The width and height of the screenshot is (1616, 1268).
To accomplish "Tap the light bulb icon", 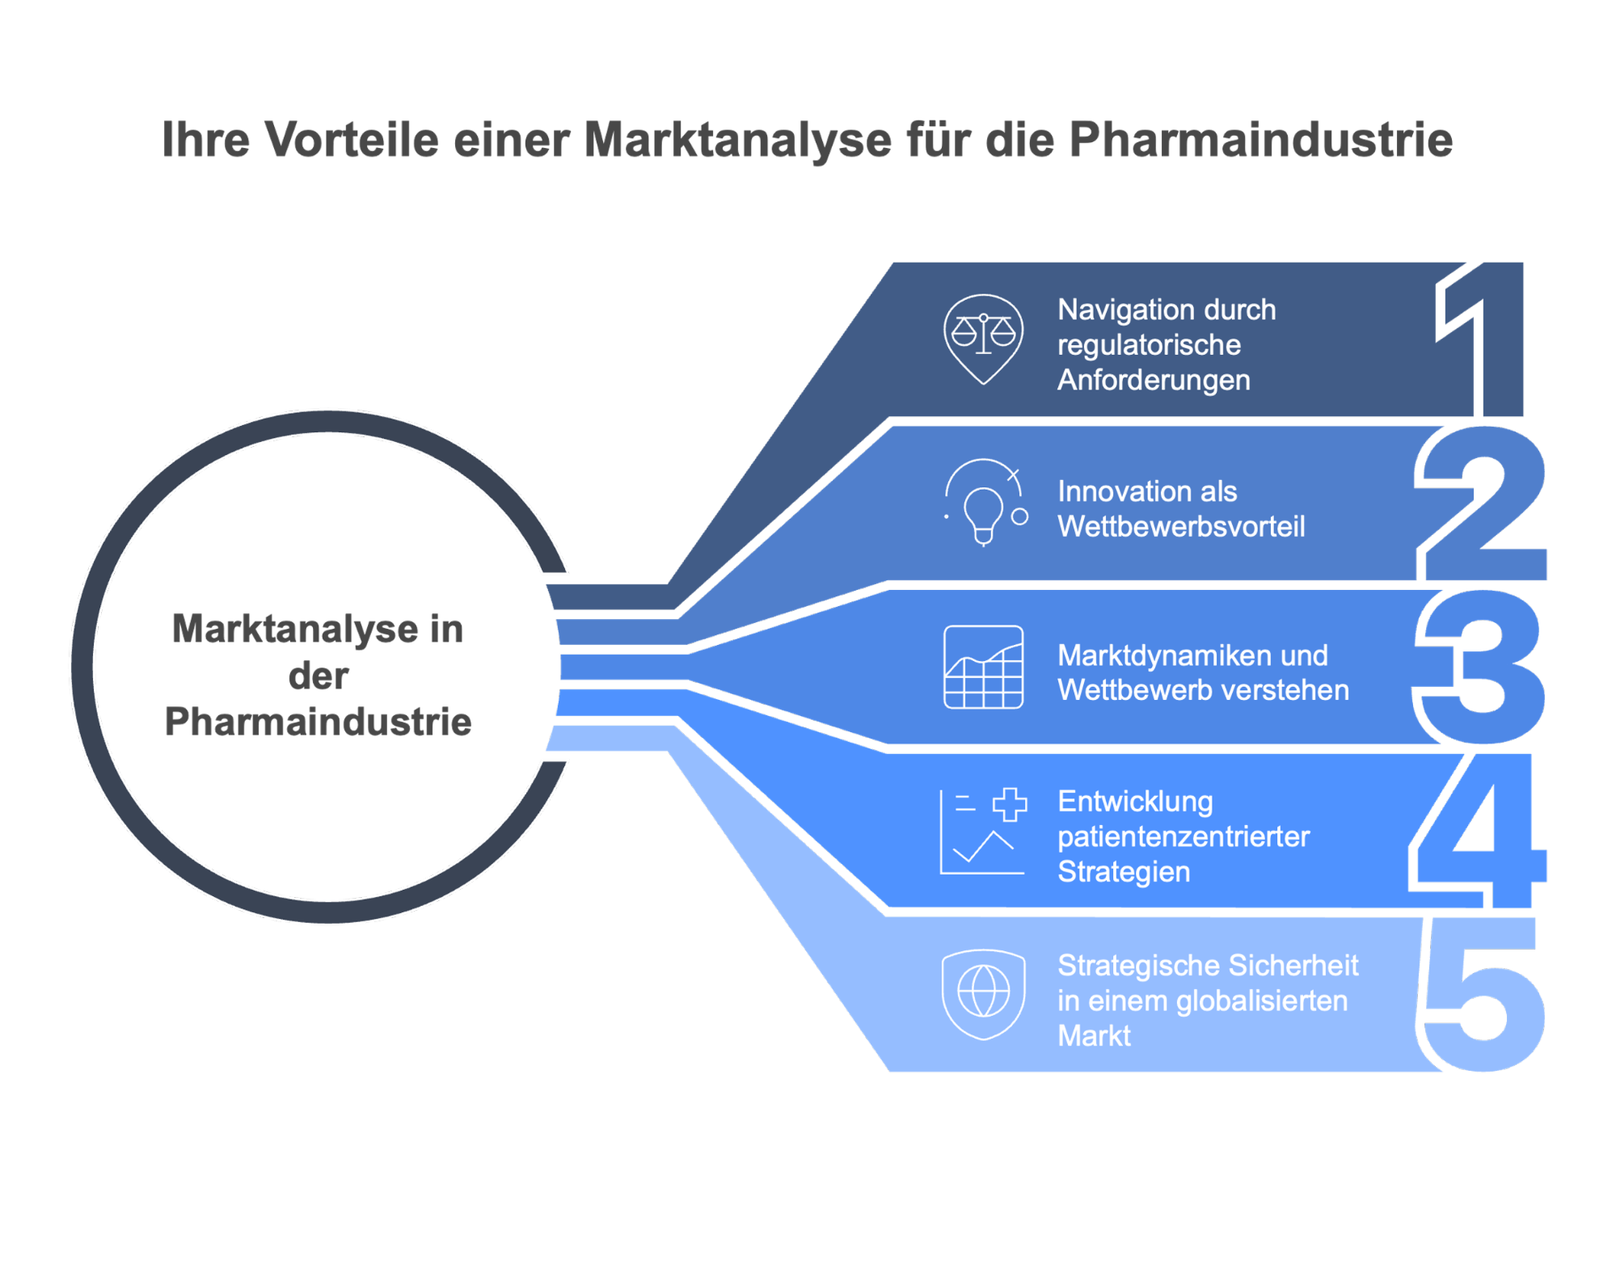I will point(984,504).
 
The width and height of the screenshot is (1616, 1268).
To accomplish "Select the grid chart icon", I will point(983,668).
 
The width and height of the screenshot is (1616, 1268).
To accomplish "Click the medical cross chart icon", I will point(983,832).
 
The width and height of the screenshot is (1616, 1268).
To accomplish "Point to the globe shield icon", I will point(983,993).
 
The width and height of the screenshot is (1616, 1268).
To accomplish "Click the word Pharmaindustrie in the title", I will point(1260,139).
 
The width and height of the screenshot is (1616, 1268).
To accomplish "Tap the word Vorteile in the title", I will point(351,139).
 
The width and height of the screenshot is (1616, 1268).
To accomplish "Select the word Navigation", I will point(1115,310).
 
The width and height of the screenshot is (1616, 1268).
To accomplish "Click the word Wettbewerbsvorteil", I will point(1181,527).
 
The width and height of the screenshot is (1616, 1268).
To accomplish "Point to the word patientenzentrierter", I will point(1184,836).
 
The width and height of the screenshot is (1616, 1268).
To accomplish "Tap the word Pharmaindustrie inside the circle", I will point(318,722).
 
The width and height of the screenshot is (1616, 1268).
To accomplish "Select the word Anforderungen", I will point(1154,380).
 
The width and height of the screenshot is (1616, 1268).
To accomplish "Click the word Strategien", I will point(1124,872).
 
